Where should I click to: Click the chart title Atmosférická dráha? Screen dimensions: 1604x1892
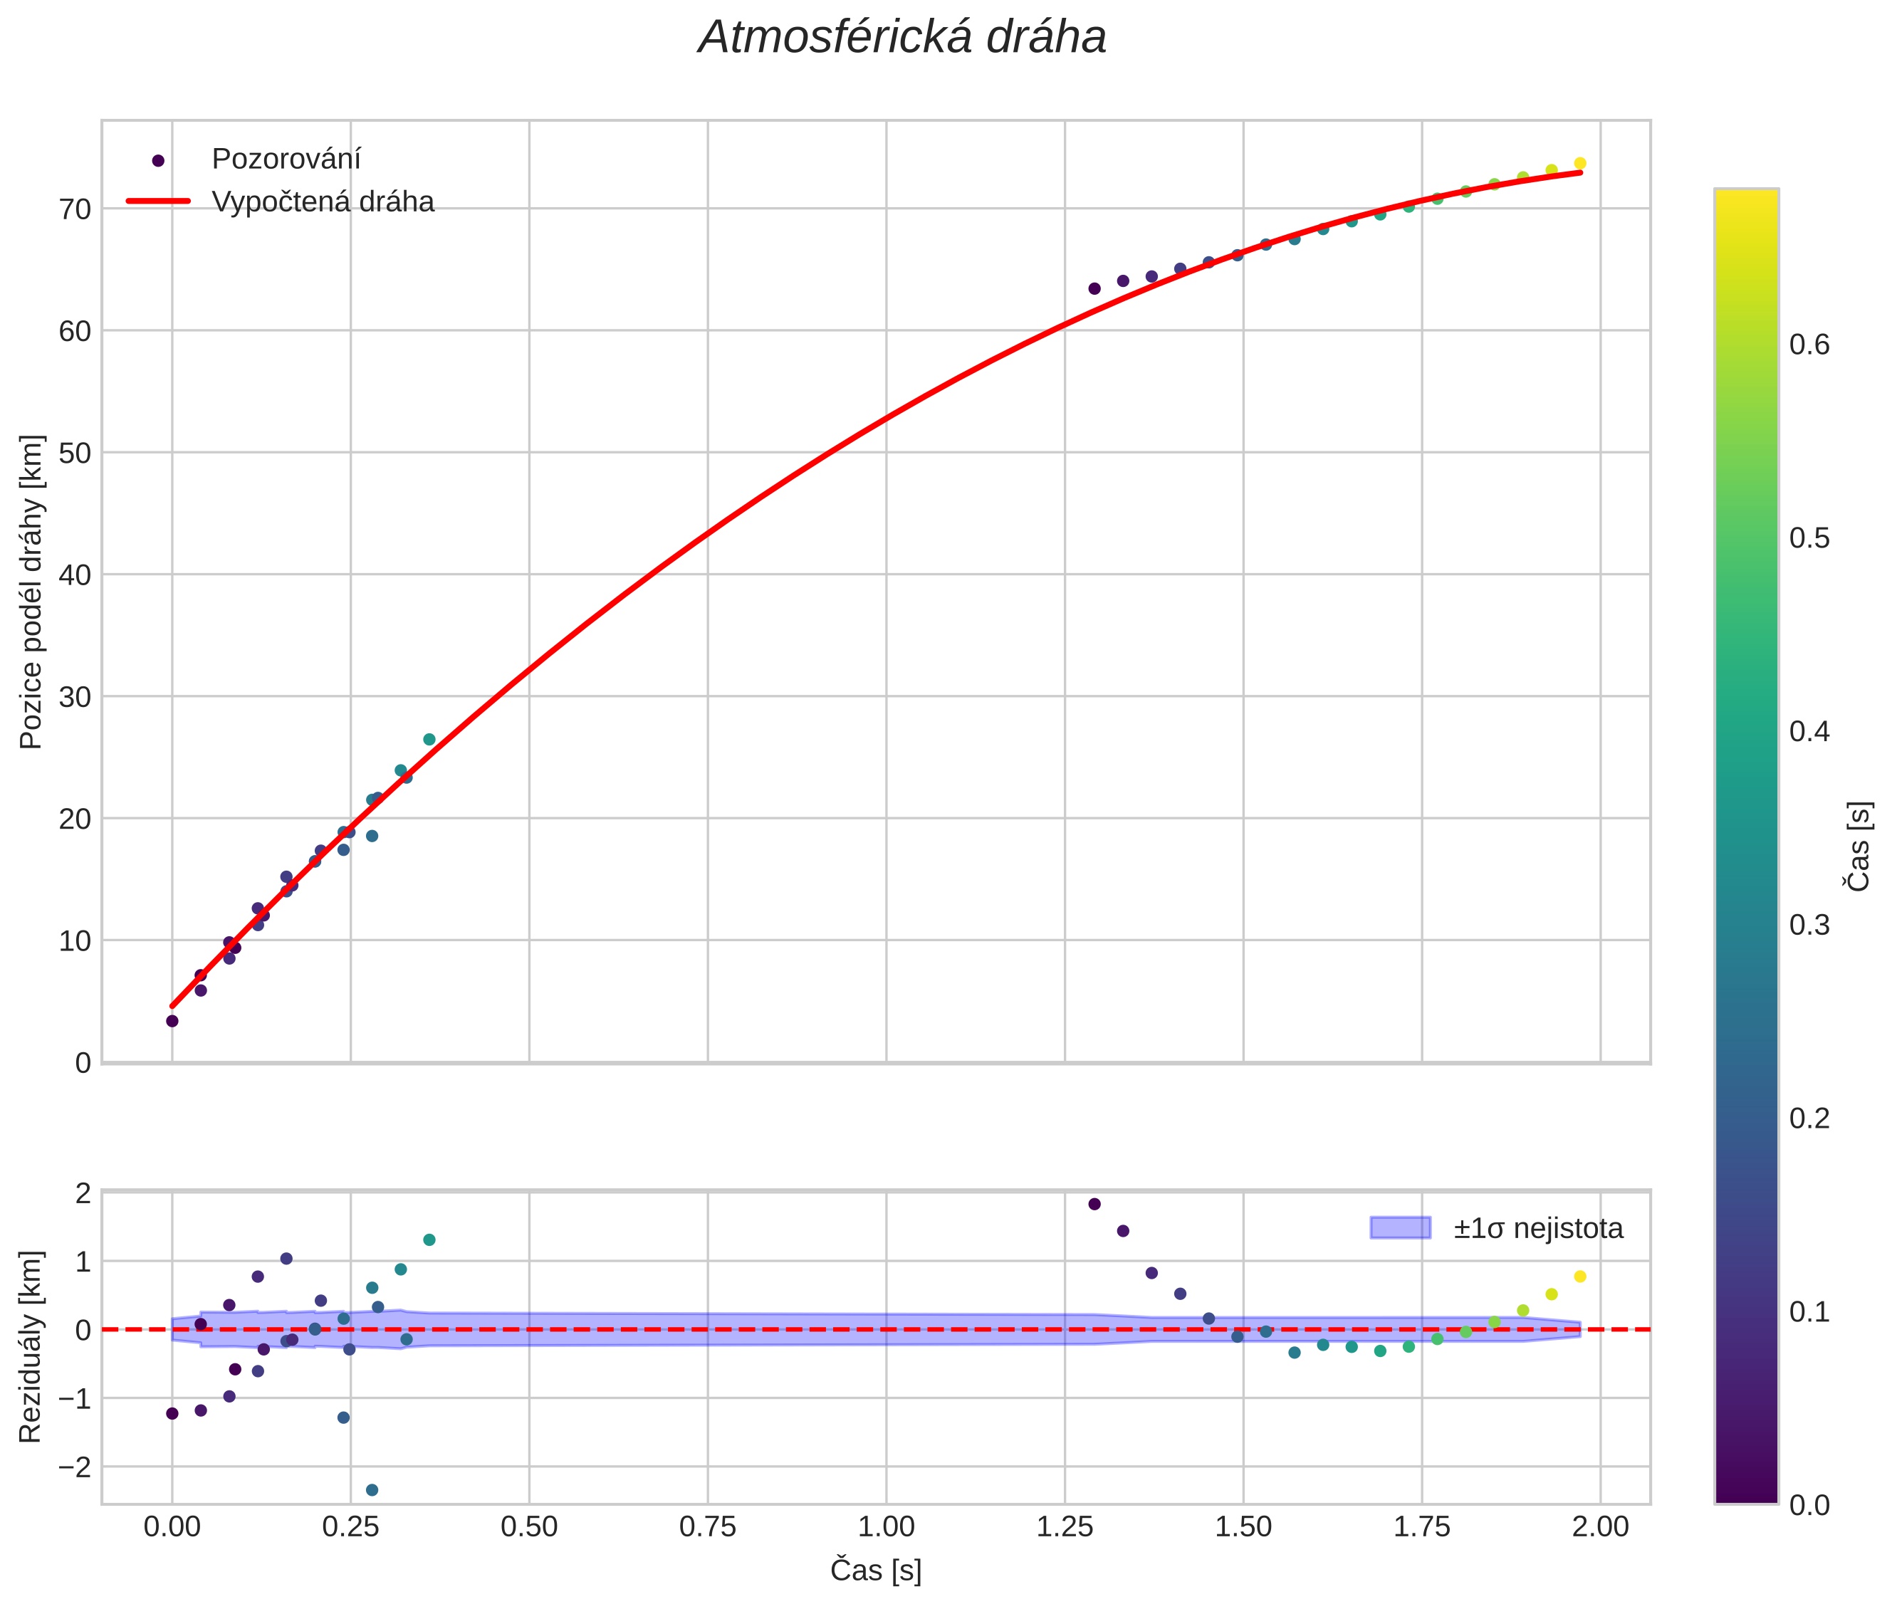click(x=901, y=38)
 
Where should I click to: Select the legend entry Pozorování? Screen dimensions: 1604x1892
click(x=286, y=159)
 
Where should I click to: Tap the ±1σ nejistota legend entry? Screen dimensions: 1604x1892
click(x=1537, y=1229)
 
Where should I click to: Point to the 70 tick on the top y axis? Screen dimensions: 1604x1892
click(x=75, y=209)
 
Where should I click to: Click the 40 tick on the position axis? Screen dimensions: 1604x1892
click(x=75, y=575)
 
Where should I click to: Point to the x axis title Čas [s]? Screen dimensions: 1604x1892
click(x=875, y=1571)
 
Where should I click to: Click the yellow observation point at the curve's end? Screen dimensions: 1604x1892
click(x=1580, y=164)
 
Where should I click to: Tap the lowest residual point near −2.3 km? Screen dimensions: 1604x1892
click(x=372, y=1489)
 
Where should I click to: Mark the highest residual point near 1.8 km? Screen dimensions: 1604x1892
click(x=1094, y=1204)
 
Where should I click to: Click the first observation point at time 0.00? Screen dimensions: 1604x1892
click(x=172, y=1021)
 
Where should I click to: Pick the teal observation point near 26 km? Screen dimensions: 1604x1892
click(x=429, y=739)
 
